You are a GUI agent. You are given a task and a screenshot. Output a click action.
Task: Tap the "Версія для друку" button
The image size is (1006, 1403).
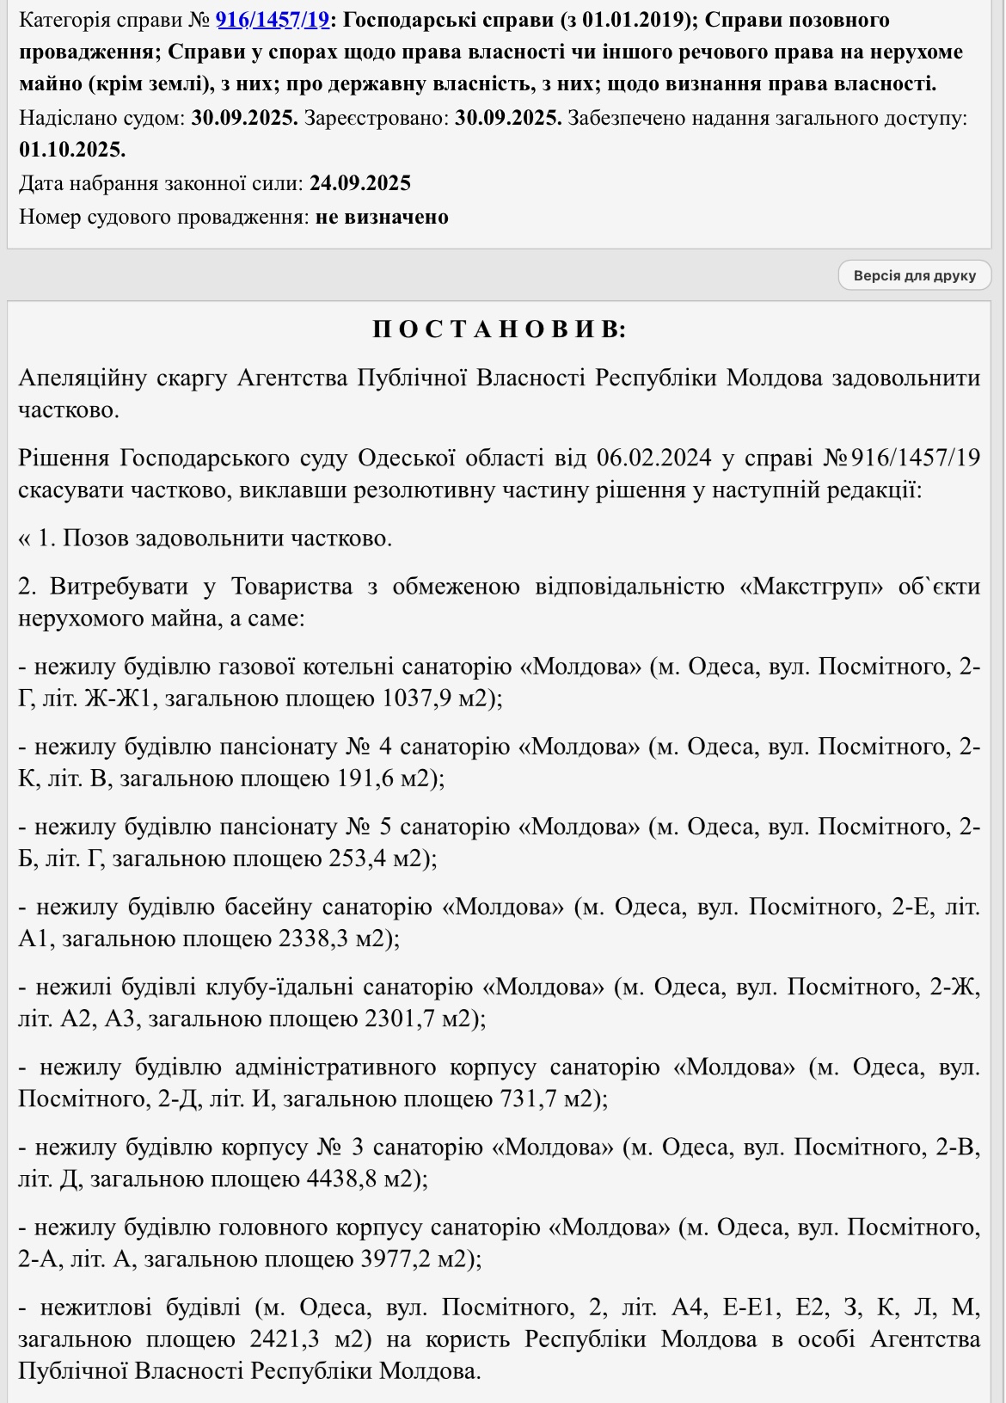coord(914,276)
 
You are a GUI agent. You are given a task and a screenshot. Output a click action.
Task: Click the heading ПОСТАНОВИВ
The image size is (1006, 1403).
coord(499,329)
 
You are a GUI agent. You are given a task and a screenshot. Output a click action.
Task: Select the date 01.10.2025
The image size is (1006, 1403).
coord(72,150)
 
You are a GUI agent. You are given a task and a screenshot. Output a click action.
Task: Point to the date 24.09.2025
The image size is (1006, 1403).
coord(360,183)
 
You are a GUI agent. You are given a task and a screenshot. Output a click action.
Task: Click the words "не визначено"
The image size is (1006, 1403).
coord(382,217)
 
